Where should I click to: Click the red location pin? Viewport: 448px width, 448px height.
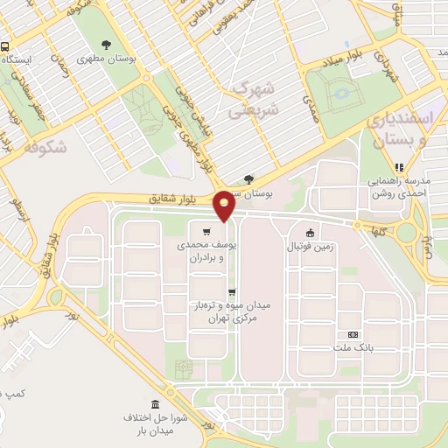(225, 205)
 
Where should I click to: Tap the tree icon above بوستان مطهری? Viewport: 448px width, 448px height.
(107, 45)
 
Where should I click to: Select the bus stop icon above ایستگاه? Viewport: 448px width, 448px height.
(6, 46)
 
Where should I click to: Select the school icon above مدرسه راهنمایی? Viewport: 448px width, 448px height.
(400, 167)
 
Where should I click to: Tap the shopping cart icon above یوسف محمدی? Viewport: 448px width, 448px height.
(206, 232)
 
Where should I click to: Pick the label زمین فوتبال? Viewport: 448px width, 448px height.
(311, 248)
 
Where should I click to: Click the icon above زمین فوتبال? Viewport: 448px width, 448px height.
(310, 234)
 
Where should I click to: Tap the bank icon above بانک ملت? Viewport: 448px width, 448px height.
(353, 334)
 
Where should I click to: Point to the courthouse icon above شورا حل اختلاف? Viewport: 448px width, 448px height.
(156, 403)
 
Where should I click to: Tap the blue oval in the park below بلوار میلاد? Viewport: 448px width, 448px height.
(340, 92)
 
